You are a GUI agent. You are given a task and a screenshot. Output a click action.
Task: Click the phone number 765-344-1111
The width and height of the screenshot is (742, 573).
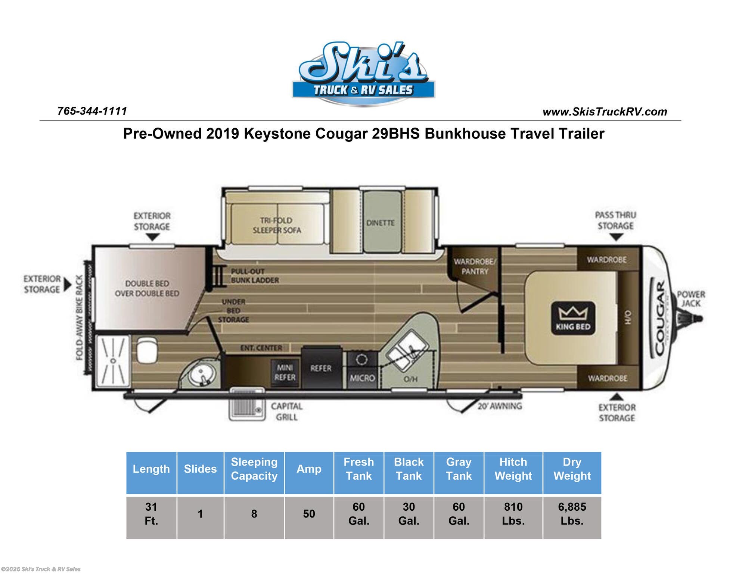[92, 111]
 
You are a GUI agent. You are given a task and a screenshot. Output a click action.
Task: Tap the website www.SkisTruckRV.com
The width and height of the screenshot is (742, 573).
[605, 112]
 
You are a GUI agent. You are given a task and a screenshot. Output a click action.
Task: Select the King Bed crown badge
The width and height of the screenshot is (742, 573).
[573, 318]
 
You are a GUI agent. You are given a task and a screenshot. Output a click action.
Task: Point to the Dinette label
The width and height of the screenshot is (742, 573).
[380, 223]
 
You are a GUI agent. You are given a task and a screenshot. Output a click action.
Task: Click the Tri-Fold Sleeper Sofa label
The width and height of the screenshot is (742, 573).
[277, 225]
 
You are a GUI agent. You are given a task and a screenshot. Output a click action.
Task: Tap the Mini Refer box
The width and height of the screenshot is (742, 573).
[285, 373]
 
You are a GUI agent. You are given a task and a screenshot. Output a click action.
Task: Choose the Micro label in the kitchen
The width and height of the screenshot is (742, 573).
[362, 378]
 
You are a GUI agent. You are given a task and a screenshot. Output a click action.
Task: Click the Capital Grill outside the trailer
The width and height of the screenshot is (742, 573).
[246, 405]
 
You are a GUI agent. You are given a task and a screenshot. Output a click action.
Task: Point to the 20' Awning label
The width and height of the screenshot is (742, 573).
[500, 406]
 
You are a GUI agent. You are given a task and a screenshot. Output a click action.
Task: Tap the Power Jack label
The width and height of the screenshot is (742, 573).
[691, 298]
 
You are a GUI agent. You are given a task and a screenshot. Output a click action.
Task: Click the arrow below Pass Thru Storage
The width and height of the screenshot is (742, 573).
[616, 237]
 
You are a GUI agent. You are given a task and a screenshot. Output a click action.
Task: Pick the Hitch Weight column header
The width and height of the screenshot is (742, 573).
[513, 469]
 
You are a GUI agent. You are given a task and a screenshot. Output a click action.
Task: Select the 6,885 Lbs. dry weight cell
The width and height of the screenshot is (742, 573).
[572, 514]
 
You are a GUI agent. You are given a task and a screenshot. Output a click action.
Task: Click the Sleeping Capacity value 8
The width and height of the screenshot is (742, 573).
[254, 514]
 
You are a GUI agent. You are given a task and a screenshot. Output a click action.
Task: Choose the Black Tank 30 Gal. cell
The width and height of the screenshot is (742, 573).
[409, 514]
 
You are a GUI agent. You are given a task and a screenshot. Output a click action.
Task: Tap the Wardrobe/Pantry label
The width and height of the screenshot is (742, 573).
[474, 266]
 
